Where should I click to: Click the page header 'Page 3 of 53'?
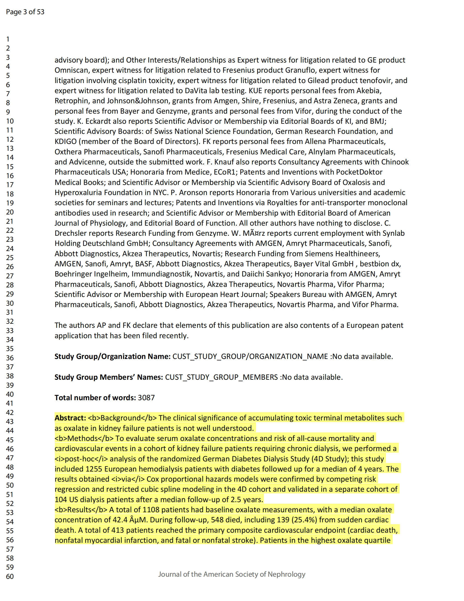[x=25, y=12]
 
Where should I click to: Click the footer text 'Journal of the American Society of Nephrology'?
[x=231, y=574]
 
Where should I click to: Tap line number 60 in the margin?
[x=10, y=576]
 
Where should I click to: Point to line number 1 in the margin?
[x=8, y=39]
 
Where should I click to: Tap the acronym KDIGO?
[x=66, y=142]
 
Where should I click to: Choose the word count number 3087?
[x=146, y=398]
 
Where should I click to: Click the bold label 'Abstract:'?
[x=70, y=418]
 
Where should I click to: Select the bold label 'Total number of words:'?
[x=95, y=398]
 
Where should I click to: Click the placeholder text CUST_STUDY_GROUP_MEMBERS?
[x=221, y=377]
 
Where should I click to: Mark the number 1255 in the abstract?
[x=94, y=469]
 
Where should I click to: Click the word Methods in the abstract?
[x=82, y=438]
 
